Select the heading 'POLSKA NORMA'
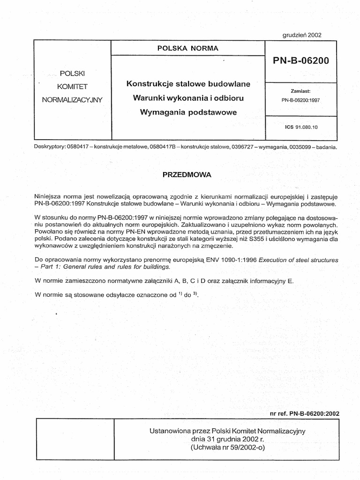click(x=188, y=48)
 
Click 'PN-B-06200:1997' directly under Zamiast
click(x=300, y=100)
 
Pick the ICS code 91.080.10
click(x=300, y=127)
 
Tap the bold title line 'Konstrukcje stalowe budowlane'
click(x=188, y=84)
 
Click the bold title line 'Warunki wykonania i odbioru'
click(x=188, y=98)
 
